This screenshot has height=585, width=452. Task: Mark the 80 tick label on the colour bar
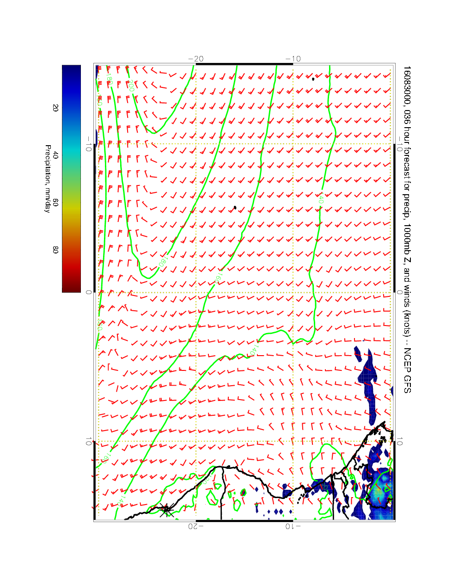pyautogui.click(x=55, y=249)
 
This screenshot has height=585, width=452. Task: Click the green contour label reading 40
pyautogui.click(x=320, y=200)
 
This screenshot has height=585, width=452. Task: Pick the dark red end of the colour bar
pyautogui.click(x=71, y=289)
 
